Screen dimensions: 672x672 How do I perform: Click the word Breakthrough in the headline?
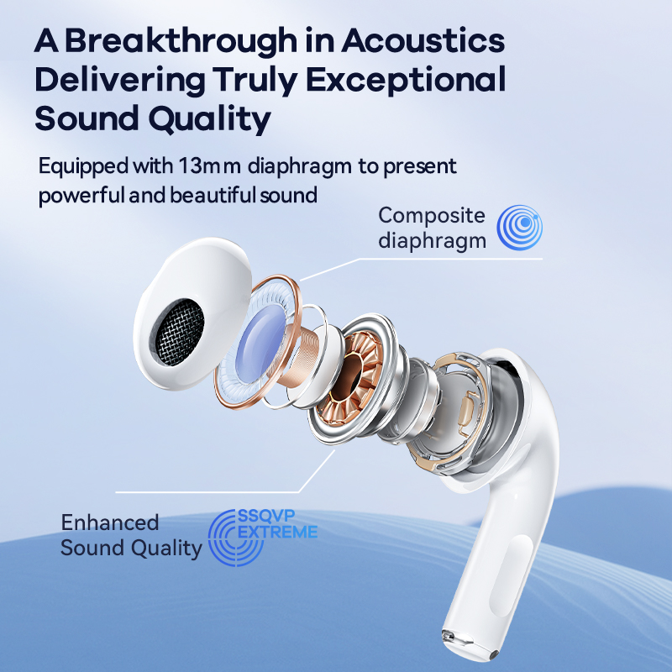coord(181,40)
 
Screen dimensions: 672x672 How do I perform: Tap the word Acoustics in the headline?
coord(423,40)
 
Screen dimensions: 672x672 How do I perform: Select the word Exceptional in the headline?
coord(406,80)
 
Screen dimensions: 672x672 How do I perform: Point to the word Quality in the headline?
coord(209,118)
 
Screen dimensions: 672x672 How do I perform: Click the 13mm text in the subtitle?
coord(209,165)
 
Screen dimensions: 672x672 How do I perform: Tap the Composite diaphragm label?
coord(432,228)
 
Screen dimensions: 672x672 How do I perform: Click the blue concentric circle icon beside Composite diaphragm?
coord(519,227)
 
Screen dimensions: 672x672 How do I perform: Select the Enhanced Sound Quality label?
coord(131,535)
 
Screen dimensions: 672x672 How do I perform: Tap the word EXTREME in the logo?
coord(278,532)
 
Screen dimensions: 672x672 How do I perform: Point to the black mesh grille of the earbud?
coord(177,333)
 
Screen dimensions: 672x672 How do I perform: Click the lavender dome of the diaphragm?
coord(260,344)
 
